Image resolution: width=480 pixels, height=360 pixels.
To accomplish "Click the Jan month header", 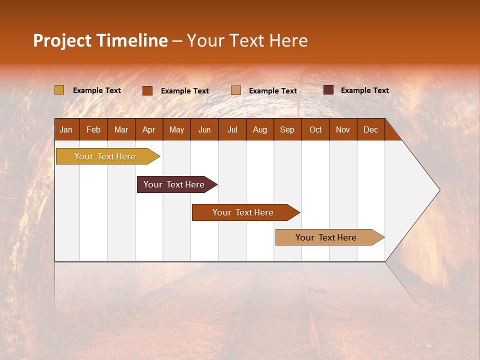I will [66, 129].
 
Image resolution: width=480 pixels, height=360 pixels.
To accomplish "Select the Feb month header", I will [93, 129].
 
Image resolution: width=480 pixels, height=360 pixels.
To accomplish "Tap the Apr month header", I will [148, 129].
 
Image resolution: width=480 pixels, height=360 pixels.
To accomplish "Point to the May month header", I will [176, 129].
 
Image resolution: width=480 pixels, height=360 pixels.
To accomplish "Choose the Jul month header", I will [232, 129].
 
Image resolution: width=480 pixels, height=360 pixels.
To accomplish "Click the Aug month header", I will [259, 129].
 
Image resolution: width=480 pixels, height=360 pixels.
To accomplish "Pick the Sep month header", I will [287, 129].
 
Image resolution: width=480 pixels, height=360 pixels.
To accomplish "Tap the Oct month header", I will [315, 129].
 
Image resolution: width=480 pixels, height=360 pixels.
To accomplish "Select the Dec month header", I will [370, 129].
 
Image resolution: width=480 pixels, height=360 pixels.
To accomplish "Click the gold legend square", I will [59, 90].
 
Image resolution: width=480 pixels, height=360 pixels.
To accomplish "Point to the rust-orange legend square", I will [147, 90].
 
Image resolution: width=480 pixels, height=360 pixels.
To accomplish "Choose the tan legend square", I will [236, 90].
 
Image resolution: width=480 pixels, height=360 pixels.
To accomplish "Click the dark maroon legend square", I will [328, 90].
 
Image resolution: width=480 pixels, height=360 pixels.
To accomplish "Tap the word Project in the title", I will [62, 40].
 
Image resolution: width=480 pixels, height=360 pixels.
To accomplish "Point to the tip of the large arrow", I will [438, 190].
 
